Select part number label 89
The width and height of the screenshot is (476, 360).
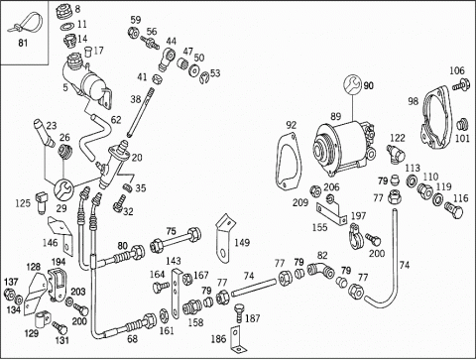[335, 116]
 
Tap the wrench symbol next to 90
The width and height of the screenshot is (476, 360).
[352, 84]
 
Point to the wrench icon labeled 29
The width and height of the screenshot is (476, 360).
[62, 190]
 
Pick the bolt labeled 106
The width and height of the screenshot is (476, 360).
[462, 85]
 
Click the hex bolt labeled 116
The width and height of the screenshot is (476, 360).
[454, 209]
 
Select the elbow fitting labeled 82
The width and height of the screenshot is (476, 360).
[320, 271]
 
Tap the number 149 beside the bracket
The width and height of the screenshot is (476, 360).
[242, 243]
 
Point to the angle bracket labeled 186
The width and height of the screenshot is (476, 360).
[236, 339]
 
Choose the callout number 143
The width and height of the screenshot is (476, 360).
[174, 261]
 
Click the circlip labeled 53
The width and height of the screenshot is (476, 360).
[204, 76]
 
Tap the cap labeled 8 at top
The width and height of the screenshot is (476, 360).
[62, 12]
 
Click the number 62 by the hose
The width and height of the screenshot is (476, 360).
[116, 120]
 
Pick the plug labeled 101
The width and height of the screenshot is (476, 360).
[462, 125]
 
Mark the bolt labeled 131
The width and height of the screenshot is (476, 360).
[59, 328]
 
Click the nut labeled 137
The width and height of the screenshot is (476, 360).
[9, 294]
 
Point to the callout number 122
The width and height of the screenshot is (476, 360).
[398, 138]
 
